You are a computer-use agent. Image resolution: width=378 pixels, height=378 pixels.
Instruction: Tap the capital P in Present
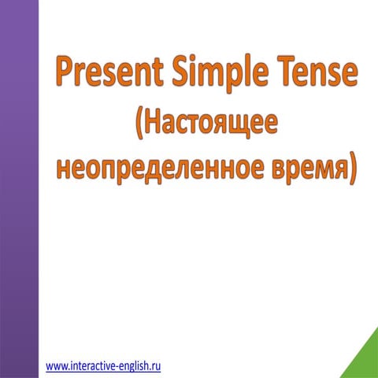[65, 75]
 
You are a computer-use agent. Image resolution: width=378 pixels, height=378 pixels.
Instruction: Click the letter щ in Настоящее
[243, 124]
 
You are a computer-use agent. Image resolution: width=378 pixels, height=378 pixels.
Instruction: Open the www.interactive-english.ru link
[103, 366]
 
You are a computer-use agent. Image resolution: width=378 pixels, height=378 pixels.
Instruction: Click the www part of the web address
[56, 366]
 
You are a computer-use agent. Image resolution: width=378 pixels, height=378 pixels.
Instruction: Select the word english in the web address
[134, 366]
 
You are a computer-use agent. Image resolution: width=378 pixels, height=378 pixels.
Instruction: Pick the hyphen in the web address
[116, 367]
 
